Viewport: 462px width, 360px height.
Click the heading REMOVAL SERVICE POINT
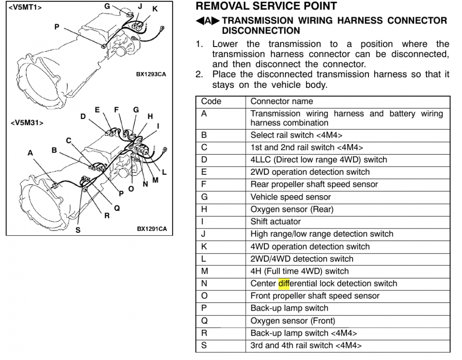tap(266, 6)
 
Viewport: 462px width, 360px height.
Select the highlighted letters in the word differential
tap(284, 284)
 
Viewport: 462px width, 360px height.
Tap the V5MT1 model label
tap(25, 7)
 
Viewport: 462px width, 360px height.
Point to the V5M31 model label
tap(27, 123)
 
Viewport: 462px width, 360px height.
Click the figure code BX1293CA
tap(151, 74)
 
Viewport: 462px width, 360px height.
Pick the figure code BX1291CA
tap(152, 229)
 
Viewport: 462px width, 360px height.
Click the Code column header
tap(211, 101)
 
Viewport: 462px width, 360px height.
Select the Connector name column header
tap(282, 101)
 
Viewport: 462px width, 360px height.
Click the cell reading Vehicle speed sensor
tap(291, 197)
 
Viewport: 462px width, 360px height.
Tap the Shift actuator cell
tap(275, 222)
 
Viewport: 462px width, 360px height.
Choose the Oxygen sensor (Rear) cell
tap(292, 209)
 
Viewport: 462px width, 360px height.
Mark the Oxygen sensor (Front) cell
tap(293, 321)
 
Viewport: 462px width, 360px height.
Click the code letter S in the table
tap(204, 345)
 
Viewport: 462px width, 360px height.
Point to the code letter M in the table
tap(204, 271)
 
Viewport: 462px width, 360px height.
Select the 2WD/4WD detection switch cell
tap(302, 259)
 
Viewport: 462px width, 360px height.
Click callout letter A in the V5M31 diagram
tap(30, 153)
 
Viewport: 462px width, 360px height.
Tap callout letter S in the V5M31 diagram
tap(78, 230)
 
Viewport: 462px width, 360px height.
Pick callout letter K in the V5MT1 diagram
tap(155, 9)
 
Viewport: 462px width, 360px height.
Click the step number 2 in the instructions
tap(199, 74)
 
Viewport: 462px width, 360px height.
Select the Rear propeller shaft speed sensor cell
tap(314, 185)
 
